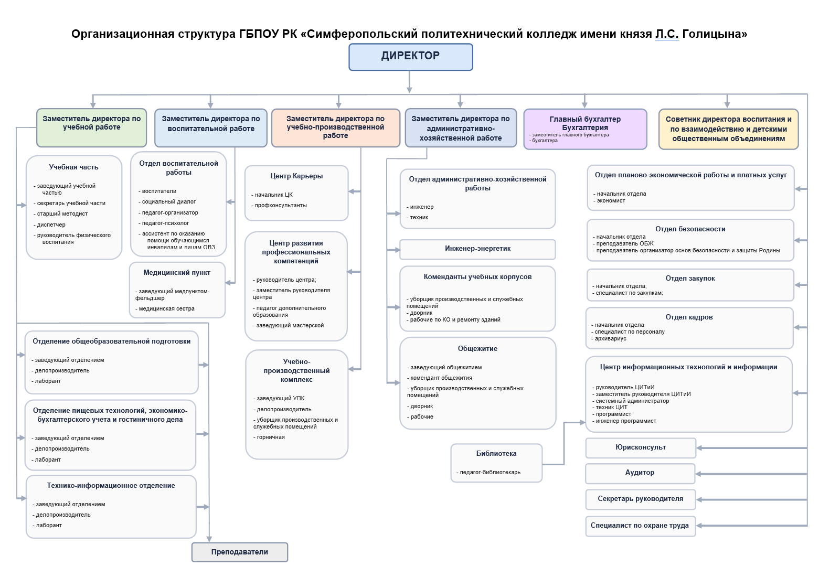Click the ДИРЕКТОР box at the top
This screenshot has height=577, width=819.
[410, 57]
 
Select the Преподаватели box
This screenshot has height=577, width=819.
[240, 552]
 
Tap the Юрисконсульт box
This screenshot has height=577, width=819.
[641, 447]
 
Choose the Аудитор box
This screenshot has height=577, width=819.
[640, 473]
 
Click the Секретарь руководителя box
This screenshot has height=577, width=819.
[641, 499]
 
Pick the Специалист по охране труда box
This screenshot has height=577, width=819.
[640, 526]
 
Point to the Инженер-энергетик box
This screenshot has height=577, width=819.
[477, 249]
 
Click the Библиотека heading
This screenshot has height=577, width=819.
[496, 454]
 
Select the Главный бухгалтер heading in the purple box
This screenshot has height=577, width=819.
[585, 119]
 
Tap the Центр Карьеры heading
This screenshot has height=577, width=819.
[296, 176]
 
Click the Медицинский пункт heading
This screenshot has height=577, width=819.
[177, 273]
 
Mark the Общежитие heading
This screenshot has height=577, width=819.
[477, 349]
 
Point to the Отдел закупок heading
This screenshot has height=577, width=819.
[690, 279]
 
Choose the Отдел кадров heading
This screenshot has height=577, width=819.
[689, 317]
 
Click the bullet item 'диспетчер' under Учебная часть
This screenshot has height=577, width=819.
[51, 225]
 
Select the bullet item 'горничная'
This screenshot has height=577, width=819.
[271, 437]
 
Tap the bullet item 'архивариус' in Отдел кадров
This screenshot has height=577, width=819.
[611, 339]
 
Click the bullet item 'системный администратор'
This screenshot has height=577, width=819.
[632, 401]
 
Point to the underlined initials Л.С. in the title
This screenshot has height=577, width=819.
[667, 34]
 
